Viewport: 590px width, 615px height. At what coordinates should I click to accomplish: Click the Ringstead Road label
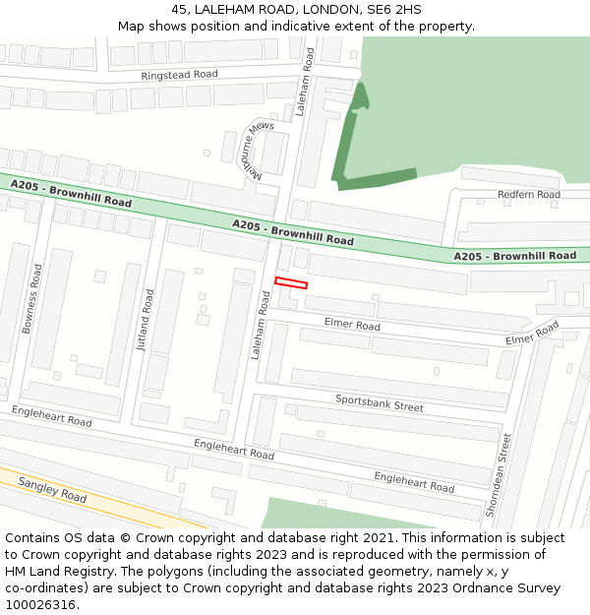click(179, 75)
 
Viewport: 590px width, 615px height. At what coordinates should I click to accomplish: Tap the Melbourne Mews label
click(258, 152)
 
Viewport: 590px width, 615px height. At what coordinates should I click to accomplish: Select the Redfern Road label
click(528, 195)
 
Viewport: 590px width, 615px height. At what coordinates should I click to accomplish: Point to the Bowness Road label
click(30, 298)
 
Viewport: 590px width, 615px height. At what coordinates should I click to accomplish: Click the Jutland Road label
click(146, 320)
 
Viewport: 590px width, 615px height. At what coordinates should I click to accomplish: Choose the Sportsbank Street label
click(379, 401)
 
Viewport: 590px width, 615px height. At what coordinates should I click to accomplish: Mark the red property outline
click(291, 283)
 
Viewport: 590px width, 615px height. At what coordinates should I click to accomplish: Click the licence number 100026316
click(40, 604)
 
